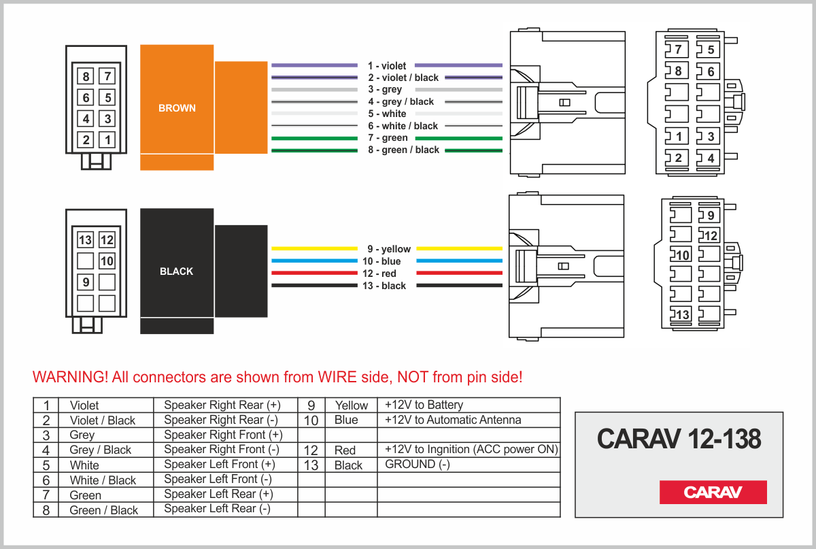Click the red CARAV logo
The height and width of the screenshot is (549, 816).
pos(713,492)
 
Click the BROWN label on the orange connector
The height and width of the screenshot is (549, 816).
pos(177,108)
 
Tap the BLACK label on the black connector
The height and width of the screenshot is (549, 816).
pos(176,271)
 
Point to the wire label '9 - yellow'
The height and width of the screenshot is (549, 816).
pos(389,249)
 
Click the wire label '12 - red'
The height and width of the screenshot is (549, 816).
pos(379,273)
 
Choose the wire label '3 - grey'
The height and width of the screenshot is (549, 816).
pos(385,89)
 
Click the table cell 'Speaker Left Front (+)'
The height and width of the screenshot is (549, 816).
pos(219,465)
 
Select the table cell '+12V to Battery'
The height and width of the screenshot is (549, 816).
pos(424,405)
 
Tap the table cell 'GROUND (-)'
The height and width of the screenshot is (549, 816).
pos(418,465)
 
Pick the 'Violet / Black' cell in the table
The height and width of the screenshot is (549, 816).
pos(103,420)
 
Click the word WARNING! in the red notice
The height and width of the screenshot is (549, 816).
pos(70,377)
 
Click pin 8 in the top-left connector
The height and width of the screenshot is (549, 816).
pos(86,77)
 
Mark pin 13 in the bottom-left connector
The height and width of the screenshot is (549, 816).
pos(85,240)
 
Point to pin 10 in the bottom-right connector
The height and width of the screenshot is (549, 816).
pos(681,254)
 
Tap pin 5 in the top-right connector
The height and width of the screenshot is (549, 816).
pos(708,50)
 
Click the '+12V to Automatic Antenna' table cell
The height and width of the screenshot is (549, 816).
pos(453,420)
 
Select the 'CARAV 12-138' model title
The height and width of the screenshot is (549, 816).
pos(679,439)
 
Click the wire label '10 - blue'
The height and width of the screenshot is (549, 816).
pos(381,261)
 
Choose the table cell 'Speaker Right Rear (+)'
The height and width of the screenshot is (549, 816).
pos(222,405)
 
